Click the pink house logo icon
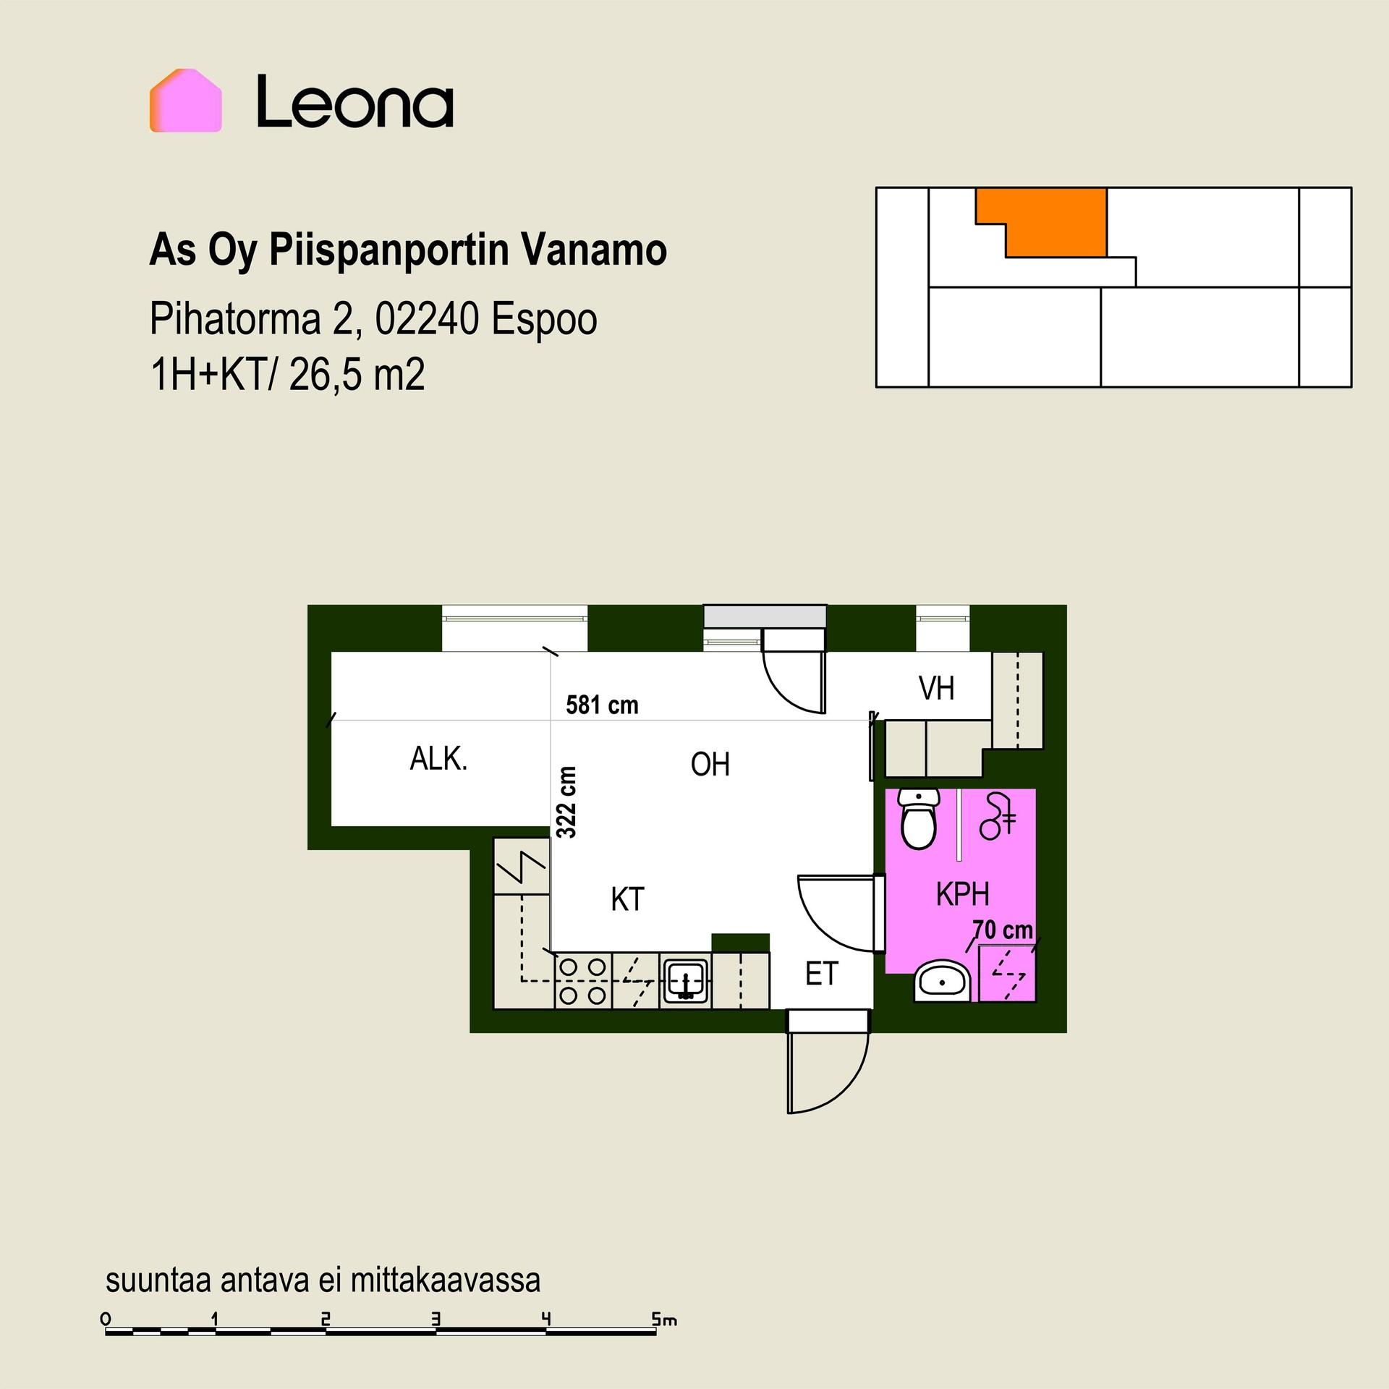point(185,101)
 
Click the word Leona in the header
point(355,101)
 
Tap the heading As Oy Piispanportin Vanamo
point(408,251)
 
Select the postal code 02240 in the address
point(425,319)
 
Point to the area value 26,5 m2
point(357,375)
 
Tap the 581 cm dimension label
point(602,705)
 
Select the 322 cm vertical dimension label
point(567,802)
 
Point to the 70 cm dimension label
point(1002,930)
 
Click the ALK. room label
point(438,759)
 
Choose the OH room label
point(710,764)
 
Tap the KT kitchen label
point(627,899)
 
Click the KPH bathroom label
point(962,895)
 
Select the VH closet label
point(937,688)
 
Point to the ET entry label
point(821,974)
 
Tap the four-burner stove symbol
point(583,981)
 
